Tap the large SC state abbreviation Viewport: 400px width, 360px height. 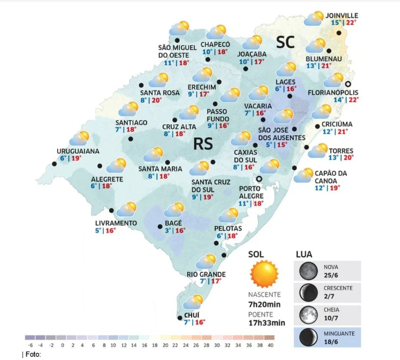285,42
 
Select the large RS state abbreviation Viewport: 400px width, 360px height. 203,144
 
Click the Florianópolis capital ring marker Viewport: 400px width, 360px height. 348,84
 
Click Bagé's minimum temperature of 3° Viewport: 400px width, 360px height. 168,231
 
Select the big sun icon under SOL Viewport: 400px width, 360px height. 264,274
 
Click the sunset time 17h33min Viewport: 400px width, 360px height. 267,323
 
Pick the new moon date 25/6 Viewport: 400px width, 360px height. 332,276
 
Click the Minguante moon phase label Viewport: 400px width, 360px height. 339,333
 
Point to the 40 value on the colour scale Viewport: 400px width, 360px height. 269,345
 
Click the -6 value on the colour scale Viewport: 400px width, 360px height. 29,345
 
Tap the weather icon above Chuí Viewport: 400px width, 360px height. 193,302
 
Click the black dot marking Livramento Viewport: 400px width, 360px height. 112,210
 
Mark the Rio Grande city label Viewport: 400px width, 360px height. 206,274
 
